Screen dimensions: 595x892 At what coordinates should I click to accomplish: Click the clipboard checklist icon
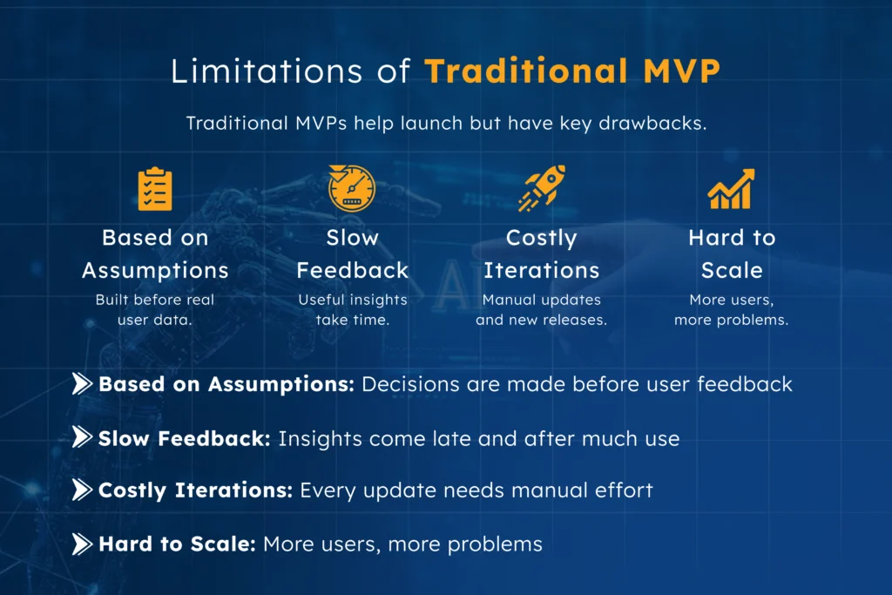155,189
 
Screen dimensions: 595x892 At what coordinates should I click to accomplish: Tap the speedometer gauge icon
351,187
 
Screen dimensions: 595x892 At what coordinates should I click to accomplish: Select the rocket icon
541,188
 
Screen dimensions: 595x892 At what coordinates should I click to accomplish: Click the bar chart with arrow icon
731,189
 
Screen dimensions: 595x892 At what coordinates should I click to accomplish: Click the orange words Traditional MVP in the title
572,71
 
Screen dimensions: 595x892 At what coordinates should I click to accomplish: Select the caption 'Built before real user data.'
155,309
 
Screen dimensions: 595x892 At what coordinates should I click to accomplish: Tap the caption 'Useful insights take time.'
352,309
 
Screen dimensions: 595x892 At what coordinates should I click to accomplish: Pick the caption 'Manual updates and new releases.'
541,309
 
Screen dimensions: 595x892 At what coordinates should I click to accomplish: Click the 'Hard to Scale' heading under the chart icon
732,254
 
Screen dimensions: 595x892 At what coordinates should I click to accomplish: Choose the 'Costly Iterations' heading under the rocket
541,254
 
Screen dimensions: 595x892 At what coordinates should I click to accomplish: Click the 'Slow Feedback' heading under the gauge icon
352,254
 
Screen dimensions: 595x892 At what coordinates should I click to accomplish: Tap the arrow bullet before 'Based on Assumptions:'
82,384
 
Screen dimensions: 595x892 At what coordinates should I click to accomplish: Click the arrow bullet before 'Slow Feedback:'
82,438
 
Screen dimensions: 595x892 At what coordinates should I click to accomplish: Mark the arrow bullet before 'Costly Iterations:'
82,490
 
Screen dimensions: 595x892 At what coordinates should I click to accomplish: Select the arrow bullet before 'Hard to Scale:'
82,544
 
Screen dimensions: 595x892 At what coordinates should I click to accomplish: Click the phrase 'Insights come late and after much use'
478,438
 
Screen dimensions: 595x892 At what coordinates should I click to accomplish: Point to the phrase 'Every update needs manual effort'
476,490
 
